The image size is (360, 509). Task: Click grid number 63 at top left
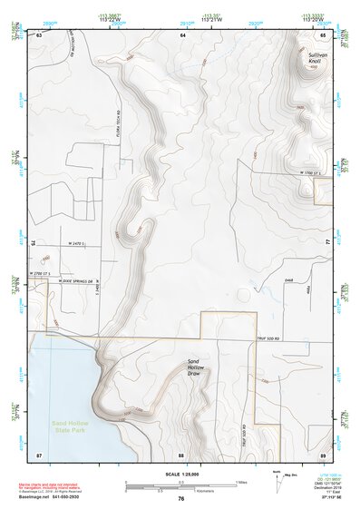tap(39, 34)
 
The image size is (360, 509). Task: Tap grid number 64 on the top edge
tap(181, 34)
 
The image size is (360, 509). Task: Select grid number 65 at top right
tap(324, 34)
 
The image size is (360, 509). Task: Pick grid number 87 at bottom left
tap(39, 454)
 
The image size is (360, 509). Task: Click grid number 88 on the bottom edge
tap(181, 454)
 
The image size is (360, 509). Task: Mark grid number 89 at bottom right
tap(324, 454)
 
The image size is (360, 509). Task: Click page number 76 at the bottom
tap(181, 499)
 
